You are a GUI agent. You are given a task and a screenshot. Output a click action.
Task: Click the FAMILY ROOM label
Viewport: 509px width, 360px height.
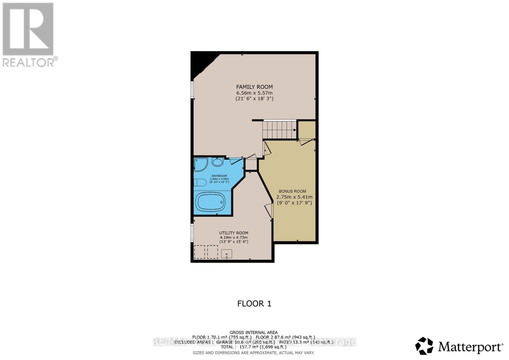click(x=254, y=87)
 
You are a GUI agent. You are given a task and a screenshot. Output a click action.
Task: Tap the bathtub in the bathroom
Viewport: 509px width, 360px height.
click(x=211, y=202)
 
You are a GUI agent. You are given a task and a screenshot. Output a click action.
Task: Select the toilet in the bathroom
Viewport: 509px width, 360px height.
click(x=200, y=183)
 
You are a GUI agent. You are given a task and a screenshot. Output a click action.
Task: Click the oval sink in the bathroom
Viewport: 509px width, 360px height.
click(x=218, y=163)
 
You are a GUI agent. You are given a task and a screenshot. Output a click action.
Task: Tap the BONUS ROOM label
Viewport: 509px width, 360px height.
click(x=292, y=191)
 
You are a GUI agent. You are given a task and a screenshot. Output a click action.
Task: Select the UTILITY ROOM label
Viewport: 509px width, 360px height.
click(x=234, y=233)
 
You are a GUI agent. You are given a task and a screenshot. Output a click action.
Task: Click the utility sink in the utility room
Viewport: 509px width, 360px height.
click(x=227, y=254)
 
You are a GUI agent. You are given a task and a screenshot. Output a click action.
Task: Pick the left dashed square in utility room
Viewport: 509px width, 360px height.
click(x=199, y=252)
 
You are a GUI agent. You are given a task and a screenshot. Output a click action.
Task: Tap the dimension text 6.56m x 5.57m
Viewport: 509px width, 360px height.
click(x=254, y=93)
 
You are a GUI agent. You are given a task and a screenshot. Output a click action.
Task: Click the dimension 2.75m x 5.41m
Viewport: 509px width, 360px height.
click(x=294, y=197)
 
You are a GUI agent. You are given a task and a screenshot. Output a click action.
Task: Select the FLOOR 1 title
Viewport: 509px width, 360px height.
click(x=254, y=304)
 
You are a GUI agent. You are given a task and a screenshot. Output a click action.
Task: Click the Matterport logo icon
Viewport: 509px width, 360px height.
click(x=424, y=346)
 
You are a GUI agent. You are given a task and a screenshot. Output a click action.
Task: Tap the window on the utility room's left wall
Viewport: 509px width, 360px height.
click(x=192, y=233)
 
